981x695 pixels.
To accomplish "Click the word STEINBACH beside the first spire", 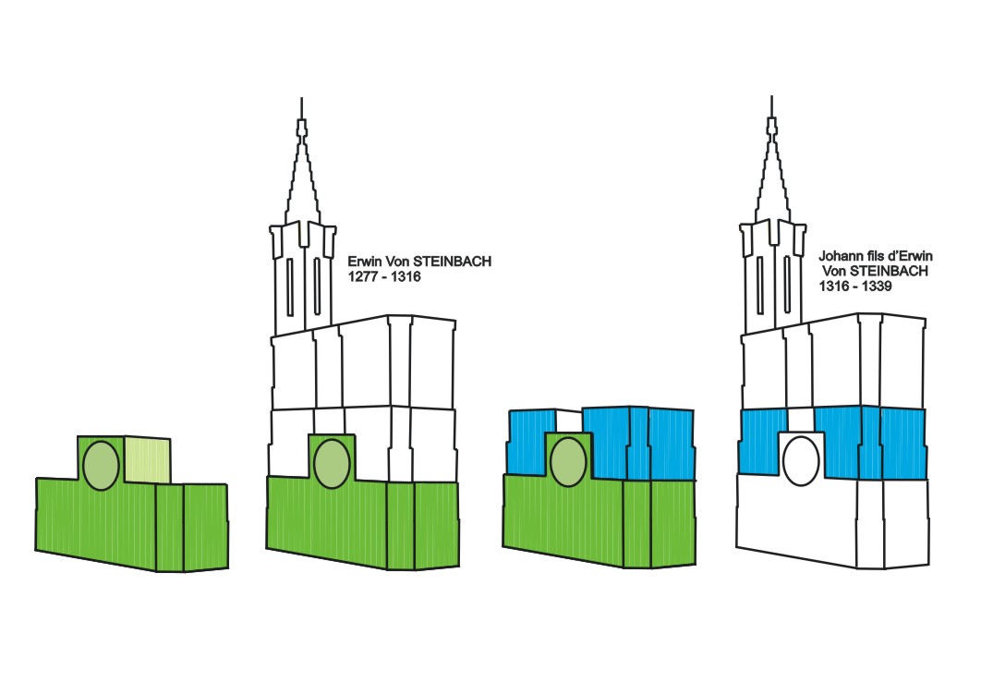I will tap(454, 262).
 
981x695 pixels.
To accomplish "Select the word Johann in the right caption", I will tap(840, 255).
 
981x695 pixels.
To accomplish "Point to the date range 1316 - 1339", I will tap(854, 287).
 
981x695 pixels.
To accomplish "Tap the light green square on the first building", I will tap(148, 458).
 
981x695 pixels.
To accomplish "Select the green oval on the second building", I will tap(331, 464).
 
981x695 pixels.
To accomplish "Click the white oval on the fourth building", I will tap(800, 459).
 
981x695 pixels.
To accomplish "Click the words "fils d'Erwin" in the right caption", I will tap(892, 255).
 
